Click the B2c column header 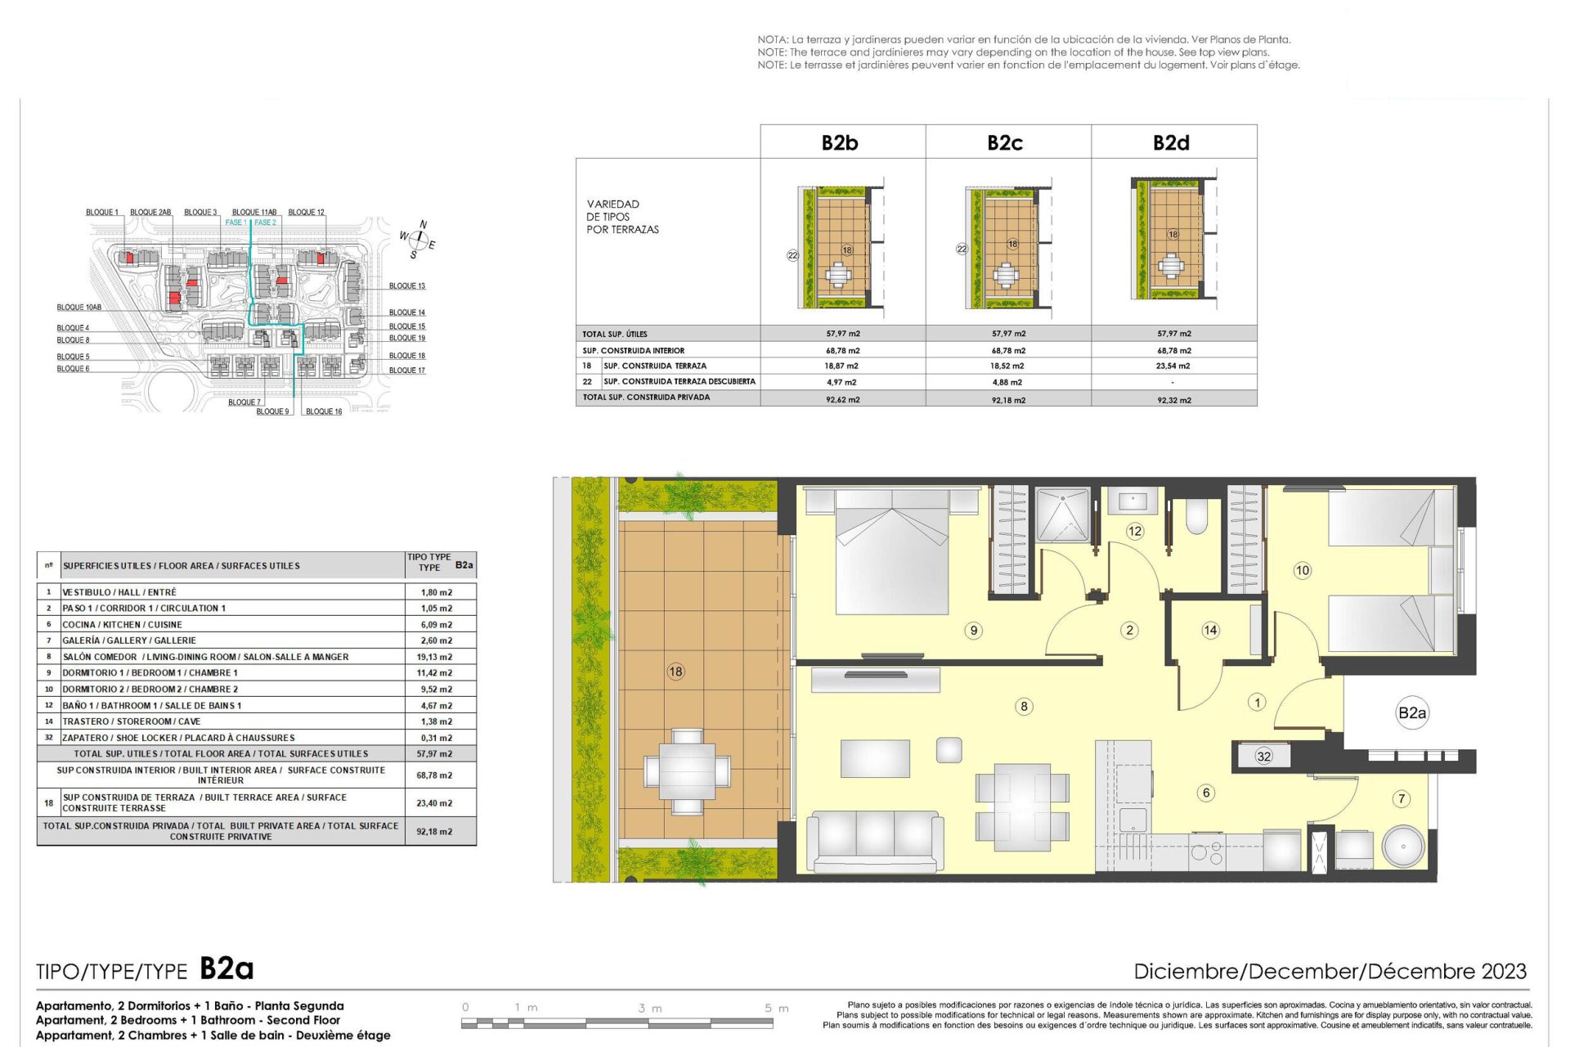click(x=1005, y=142)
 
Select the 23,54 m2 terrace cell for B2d click(x=1173, y=366)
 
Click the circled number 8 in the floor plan click(x=1024, y=706)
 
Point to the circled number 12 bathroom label click(x=1135, y=531)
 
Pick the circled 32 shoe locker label click(x=1264, y=756)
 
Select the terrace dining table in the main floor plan click(x=687, y=771)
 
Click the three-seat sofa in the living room click(x=875, y=842)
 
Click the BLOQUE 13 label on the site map click(x=407, y=286)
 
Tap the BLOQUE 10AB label click(x=79, y=308)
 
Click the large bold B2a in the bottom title click(x=227, y=968)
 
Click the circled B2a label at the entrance click(x=1412, y=713)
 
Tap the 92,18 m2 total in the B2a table click(x=434, y=832)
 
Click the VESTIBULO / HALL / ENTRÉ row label click(x=119, y=592)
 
